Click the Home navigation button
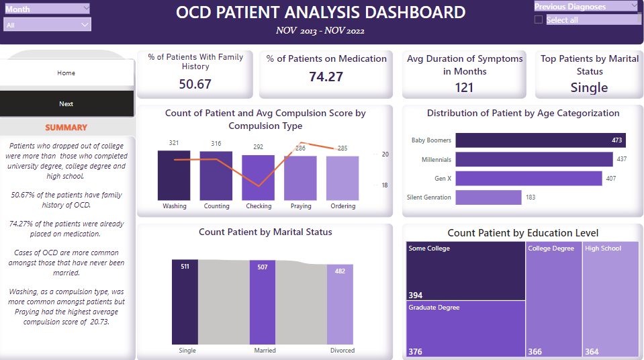66,73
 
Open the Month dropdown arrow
85,8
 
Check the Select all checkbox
539,20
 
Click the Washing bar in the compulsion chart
174,175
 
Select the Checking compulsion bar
259,177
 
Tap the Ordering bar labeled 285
342,178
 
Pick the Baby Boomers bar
541,140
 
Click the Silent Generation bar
488,197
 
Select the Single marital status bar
185,302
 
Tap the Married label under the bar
265,351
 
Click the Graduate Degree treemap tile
465,328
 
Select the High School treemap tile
610,299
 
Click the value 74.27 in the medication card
326,77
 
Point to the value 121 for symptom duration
464,87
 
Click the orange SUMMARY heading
66,128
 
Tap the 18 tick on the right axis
385,185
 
